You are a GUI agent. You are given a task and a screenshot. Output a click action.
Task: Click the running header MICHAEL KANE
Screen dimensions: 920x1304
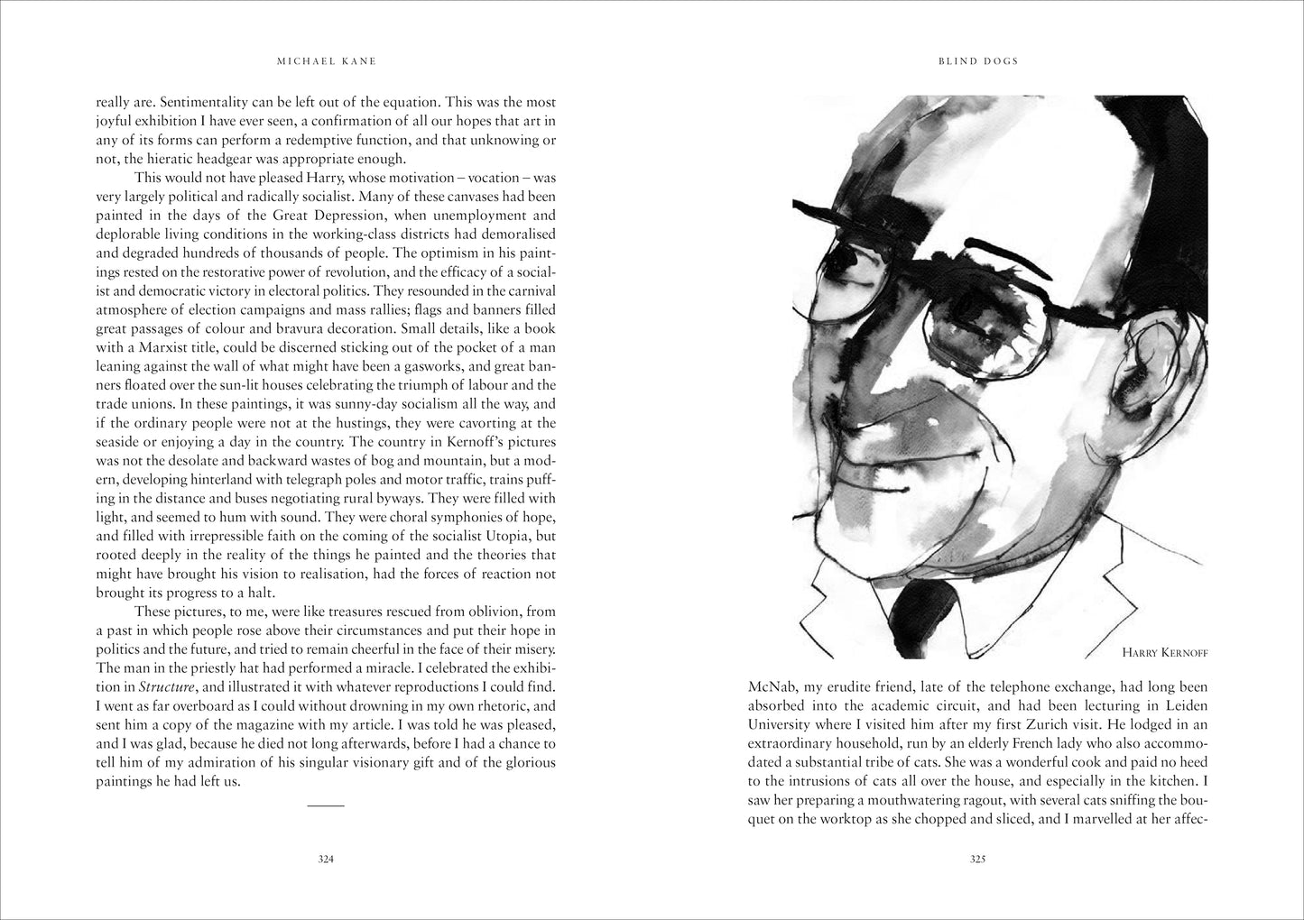pyautogui.click(x=326, y=61)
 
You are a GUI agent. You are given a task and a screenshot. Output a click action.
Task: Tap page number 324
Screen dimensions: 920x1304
pyautogui.click(x=326, y=860)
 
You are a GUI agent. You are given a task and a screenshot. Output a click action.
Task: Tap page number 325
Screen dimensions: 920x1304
pyautogui.click(x=977, y=860)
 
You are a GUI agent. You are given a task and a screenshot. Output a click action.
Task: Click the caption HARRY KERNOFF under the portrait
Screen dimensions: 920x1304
pyautogui.click(x=1164, y=651)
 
